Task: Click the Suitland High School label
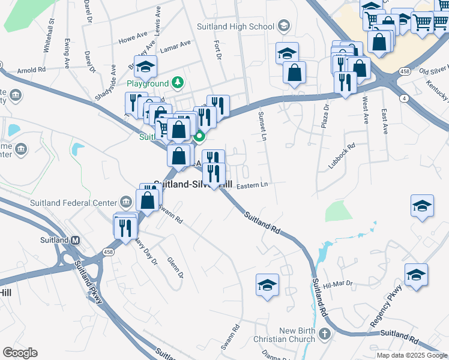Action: pyautogui.click(x=235, y=26)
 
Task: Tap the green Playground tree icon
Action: pyautogui.click(x=177, y=82)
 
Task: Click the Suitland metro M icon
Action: pyautogui.click(x=76, y=240)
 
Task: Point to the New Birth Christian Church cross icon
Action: pyautogui.click(x=325, y=334)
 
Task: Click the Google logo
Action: pyautogui.click(x=20, y=353)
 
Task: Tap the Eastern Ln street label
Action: pyautogui.click(x=252, y=185)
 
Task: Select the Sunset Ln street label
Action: pyautogui.click(x=262, y=127)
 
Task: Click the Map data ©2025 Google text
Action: pyautogui.click(x=411, y=355)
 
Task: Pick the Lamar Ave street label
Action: pyautogui.click(x=177, y=43)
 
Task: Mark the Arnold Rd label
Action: pyautogui.click(x=32, y=70)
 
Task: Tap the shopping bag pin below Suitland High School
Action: pyautogui.click(x=295, y=74)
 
